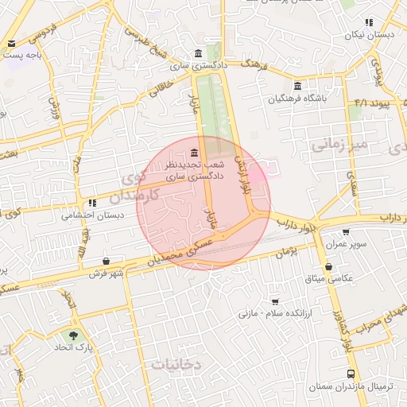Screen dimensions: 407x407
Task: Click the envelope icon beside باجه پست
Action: tap(12, 44)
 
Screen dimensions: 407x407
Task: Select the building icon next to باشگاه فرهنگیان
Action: tap(297, 86)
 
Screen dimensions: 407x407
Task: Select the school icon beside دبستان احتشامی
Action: tap(93, 203)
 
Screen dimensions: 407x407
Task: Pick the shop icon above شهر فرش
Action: tap(106, 261)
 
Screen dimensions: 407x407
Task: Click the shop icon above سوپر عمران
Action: tap(345, 233)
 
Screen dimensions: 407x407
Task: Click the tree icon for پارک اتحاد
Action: tap(74, 336)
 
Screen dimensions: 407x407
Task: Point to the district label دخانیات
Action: tap(177, 364)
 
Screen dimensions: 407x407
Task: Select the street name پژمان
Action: tap(284, 253)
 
